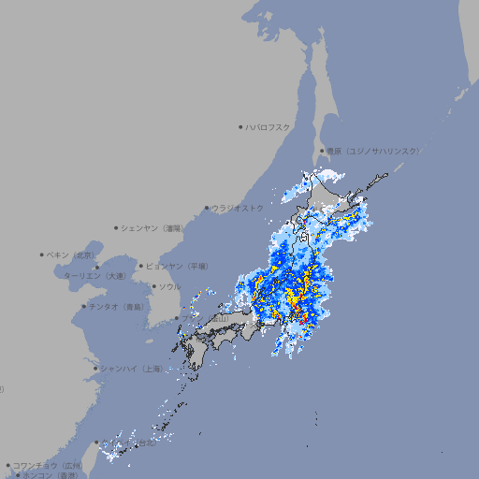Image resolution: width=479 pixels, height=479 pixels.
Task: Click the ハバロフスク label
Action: point(269,126)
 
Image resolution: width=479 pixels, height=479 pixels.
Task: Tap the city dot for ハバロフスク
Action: point(240,126)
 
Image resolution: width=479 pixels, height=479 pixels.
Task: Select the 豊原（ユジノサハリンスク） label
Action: point(373,151)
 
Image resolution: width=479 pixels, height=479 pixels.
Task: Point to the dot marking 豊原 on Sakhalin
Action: point(323,151)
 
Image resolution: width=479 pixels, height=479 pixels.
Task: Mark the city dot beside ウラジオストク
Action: point(207,209)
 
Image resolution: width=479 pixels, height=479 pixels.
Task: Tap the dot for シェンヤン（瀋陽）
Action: point(117,227)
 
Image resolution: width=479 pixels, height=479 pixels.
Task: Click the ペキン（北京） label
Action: point(73,254)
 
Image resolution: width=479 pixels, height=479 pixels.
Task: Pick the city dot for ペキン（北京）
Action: point(42,254)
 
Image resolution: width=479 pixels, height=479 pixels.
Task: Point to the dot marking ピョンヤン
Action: point(141,266)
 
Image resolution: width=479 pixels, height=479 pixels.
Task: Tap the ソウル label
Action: point(169,286)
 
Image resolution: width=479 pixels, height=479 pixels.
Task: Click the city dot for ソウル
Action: point(152,287)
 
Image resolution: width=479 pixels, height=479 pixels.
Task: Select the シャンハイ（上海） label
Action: point(131,369)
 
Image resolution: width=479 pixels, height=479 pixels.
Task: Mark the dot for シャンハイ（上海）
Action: point(95,369)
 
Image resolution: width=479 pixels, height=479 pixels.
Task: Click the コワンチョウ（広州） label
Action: point(48,465)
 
